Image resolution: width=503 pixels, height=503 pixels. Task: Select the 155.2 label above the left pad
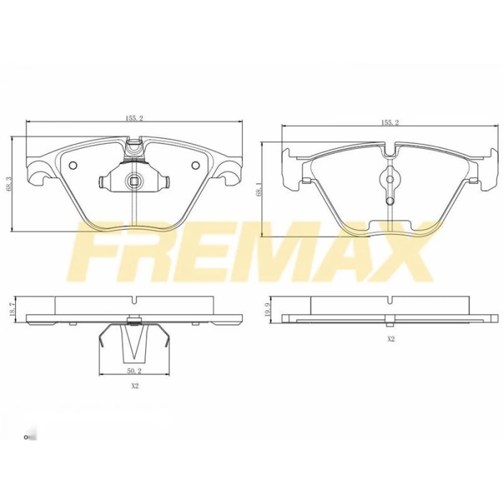pos(134,119)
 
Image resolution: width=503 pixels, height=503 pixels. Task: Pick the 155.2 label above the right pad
pos(390,123)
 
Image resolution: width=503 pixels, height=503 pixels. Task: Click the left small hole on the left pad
pos(73,166)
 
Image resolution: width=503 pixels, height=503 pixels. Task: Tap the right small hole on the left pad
pos(195,166)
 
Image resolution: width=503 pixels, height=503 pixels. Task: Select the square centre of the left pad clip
pos(134,180)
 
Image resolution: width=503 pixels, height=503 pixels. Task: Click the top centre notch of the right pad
pos(389,152)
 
